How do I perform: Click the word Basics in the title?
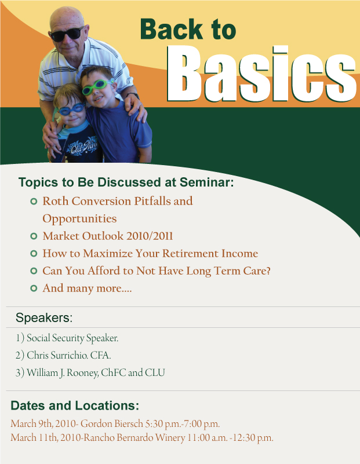[x=261, y=74]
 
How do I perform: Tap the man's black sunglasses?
[x=67, y=34]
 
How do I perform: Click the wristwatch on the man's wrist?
[x=133, y=95]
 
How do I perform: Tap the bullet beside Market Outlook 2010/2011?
[x=34, y=236]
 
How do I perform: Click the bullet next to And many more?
[x=34, y=288]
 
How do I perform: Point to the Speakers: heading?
[x=44, y=317]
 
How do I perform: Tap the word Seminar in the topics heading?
[x=206, y=182]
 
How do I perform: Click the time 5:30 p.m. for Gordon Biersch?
[x=163, y=424]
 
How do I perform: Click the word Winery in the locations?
[x=170, y=438]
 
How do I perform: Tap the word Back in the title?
[x=172, y=29]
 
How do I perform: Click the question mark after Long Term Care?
[x=268, y=271]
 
